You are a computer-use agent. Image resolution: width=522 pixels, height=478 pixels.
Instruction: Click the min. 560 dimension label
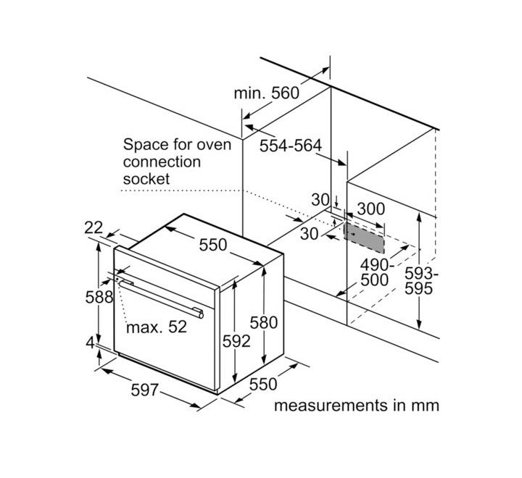266,93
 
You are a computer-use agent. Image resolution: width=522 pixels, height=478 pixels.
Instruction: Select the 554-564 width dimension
290,146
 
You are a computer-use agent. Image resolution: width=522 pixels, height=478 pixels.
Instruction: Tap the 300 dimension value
371,209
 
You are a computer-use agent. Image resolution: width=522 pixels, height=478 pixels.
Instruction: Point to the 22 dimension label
94,227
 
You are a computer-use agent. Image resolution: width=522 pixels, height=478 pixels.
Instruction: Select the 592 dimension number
236,340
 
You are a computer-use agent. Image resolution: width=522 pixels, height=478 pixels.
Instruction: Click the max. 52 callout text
156,327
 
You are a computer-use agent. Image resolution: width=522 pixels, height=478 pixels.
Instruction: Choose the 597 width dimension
144,390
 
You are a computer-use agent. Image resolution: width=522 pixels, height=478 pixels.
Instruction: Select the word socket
146,177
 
